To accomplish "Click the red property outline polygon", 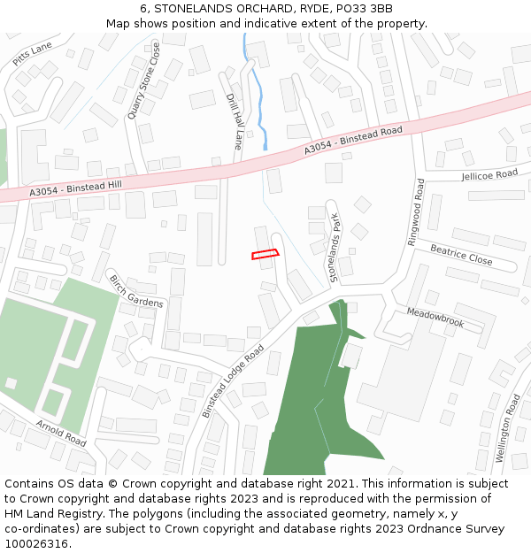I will click(265, 255).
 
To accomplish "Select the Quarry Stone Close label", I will click(143, 80).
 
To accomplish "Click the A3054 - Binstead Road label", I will click(353, 141).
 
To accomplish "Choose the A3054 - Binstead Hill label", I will click(74, 187).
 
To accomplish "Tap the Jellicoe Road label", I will click(489, 175).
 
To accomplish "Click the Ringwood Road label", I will click(416, 212).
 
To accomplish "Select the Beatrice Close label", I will click(461, 254).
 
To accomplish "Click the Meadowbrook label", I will click(435, 318).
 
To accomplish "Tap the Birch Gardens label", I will click(136, 291).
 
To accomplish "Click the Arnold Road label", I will click(61, 434).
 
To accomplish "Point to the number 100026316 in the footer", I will click(38, 543).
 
